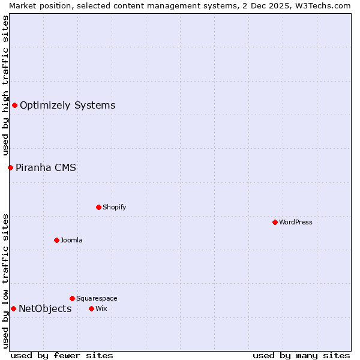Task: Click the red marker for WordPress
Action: pos(275,222)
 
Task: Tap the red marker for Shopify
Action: pos(98,207)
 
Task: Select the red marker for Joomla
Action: pos(56,240)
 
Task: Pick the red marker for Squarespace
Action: pos(72,298)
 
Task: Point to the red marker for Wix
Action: pos(91,308)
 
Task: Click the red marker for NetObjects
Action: pos(13,308)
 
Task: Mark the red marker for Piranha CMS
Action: pos(10,167)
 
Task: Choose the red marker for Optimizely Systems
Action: pos(14,105)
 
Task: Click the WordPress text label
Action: pos(296,222)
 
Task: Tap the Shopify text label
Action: pos(115,207)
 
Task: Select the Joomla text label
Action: pos(71,240)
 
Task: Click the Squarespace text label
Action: pos(97,298)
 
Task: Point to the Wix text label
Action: pos(101,308)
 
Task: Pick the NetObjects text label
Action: pos(45,309)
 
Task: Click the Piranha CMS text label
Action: pos(46,168)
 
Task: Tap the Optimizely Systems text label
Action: pos(68,106)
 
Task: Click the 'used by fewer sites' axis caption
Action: pos(62,355)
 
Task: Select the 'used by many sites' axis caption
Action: pos(301,355)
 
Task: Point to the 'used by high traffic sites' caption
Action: pos(5,85)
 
